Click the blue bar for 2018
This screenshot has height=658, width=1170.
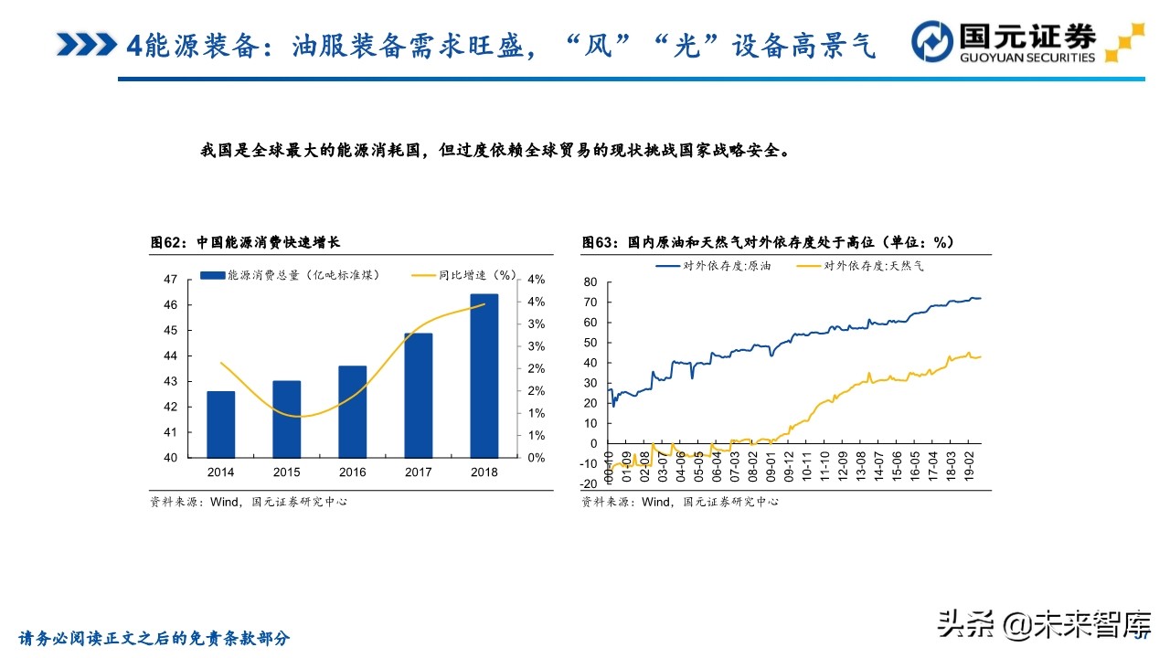(x=484, y=376)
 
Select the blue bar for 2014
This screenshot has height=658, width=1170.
(x=220, y=424)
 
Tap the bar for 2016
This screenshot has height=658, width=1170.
(x=352, y=411)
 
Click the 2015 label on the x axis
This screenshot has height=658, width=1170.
(x=286, y=472)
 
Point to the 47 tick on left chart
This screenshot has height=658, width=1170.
(x=170, y=280)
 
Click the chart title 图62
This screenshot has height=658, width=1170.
(x=246, y=242)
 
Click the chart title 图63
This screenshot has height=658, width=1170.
(x=768, y=242)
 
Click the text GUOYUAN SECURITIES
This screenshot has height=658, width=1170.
(x=1026, y=58)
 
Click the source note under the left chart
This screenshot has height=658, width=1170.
(x=249, y=502)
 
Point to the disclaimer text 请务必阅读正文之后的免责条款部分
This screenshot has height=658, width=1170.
(x=154, y=638)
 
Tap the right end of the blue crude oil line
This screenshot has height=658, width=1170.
(x=979, y=298)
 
